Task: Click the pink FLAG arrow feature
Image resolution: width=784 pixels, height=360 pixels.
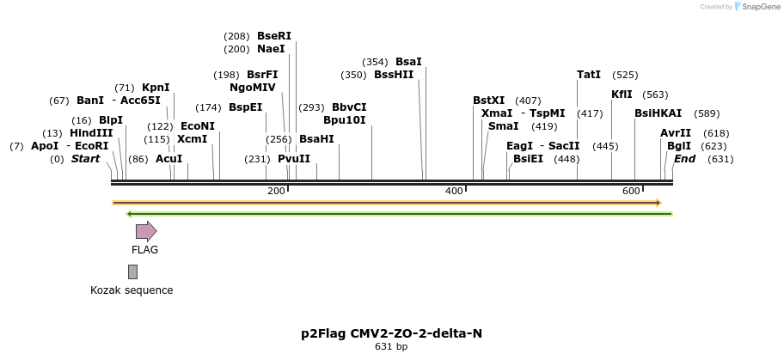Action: pos(145,231)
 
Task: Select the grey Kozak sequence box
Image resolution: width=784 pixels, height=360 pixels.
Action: pos(132,272)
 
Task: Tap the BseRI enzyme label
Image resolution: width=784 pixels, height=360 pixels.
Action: pos(274,36)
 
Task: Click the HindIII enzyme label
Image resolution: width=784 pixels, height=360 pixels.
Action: pos(91,133)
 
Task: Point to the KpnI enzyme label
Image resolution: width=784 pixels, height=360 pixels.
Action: pos(156,88)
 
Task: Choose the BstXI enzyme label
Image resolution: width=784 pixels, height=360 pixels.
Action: pos(489,101)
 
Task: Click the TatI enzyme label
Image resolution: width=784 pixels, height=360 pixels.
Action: pos(589,75)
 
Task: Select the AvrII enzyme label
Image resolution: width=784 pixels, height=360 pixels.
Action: pos(675,133)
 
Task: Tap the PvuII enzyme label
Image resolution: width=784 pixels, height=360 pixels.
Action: pos(294,159)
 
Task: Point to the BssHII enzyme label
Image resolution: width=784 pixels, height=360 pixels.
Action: pos(394,75)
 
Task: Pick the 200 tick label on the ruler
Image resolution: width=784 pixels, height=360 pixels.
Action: pos(276,191)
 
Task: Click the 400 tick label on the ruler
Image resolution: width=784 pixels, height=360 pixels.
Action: pos(454,191)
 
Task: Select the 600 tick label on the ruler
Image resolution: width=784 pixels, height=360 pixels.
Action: pos(631,191)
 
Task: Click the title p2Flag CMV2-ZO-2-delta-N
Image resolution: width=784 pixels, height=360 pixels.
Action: pos(391,333)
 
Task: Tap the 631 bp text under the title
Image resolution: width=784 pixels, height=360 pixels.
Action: pos(391,346)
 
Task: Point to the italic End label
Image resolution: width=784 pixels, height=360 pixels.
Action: pos(684,159)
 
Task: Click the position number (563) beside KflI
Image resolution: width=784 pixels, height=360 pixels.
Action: pos(655,95)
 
